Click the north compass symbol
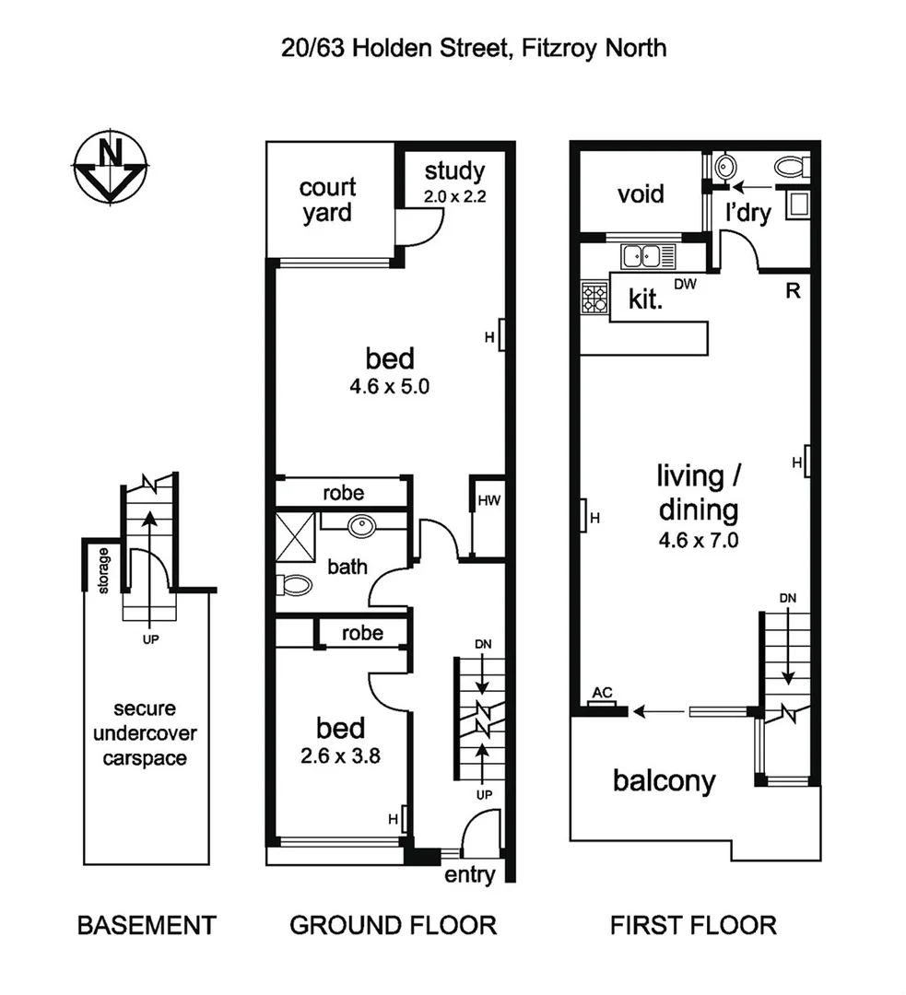111,167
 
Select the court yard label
327,200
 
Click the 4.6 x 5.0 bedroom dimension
389,388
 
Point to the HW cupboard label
487,501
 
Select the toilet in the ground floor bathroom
295,584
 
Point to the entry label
469,874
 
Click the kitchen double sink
647,255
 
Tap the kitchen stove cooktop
594,297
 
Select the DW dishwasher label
684,285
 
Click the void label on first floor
641,194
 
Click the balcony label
664,781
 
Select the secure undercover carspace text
148,733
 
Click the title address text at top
474,47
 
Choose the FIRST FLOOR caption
693,924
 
